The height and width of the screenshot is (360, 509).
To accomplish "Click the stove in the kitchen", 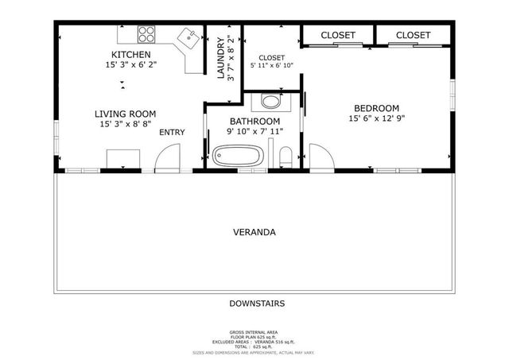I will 147,33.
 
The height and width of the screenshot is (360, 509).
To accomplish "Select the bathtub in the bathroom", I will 238,156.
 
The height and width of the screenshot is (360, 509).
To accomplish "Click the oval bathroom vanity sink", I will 270,102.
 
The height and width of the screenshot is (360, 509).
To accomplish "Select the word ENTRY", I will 173,132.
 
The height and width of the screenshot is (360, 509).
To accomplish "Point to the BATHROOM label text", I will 254,121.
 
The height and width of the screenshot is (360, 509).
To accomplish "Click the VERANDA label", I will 254,233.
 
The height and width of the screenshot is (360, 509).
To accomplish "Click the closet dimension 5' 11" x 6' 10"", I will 272,66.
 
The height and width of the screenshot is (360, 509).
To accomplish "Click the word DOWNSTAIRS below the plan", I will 257,304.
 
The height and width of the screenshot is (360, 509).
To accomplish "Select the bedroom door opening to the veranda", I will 321,157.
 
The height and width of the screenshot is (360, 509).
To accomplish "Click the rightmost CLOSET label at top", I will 413,35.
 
